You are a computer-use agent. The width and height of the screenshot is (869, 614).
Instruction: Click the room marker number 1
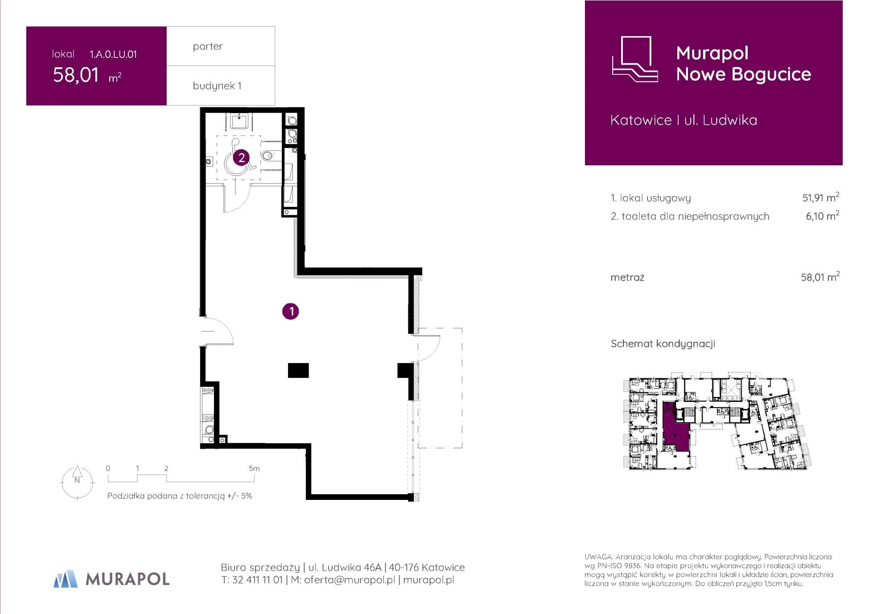click(x=291, y=311)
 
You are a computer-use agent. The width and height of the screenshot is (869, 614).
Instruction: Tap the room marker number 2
click(x=241, y=157)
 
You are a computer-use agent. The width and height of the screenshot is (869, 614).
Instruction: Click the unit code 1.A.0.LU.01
click(x=113, y=54)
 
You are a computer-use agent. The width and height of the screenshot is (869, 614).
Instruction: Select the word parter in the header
click(x=208, y=46)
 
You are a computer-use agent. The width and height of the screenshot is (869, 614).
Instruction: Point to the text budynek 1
click(x=217, y=86)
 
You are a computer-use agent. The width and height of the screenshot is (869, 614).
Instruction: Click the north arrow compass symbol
click(x=77, y=482)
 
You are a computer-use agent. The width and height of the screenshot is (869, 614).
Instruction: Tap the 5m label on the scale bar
click(x=254, y=468)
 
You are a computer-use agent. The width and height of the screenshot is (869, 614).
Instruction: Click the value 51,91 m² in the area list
click(x=821, y=197)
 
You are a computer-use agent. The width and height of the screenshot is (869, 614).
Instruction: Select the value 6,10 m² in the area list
click(x=823, y=216)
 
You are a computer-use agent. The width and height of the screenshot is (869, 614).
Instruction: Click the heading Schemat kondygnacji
click(x=663, y=344)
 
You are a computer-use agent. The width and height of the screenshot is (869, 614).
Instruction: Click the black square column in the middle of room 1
click(x=298, y=370)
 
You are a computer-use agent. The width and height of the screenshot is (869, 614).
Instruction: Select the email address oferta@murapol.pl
click(x=350, y=580)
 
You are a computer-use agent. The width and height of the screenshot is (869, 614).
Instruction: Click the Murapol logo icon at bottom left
click(x=66, y=578)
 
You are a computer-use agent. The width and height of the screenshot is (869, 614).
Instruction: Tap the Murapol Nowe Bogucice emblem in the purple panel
click(x=635, y=59)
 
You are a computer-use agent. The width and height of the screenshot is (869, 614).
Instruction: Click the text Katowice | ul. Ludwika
click(x=684, y=120)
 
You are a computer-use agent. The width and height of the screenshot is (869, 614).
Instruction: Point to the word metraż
click(x=627, y=278)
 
